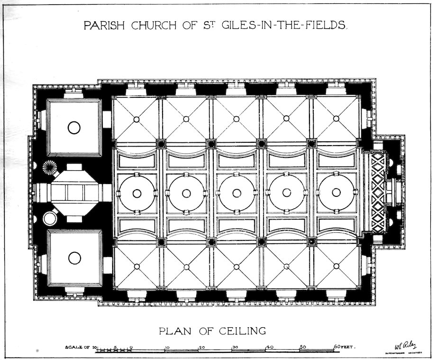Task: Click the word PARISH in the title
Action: coord(101,26)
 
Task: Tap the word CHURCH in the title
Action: coord(151,26)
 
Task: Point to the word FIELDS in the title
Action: coord(325,26)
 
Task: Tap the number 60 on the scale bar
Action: coord(337,347)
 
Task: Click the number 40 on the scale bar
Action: coord(270,347)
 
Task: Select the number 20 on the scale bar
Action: coord(201,347)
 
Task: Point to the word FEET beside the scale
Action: coord(350,347)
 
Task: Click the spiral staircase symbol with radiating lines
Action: coord(49,167)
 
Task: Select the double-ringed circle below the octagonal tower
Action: coord(49,218)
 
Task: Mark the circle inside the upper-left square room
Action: coord(74,128)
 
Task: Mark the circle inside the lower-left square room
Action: coord(74,258)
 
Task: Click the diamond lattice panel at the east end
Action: coord(378,193)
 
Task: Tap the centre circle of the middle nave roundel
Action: coord(236,193)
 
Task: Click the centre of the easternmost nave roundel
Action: coord(336,193)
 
